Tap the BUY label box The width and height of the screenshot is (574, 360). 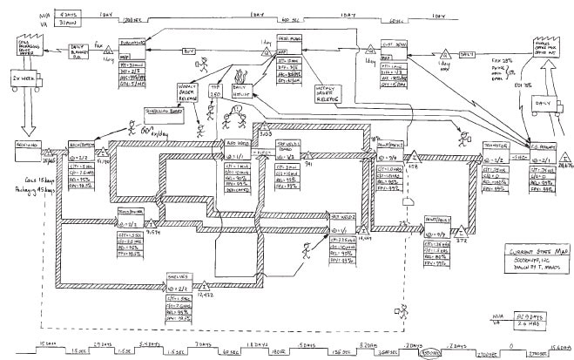(x=188, y=51)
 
